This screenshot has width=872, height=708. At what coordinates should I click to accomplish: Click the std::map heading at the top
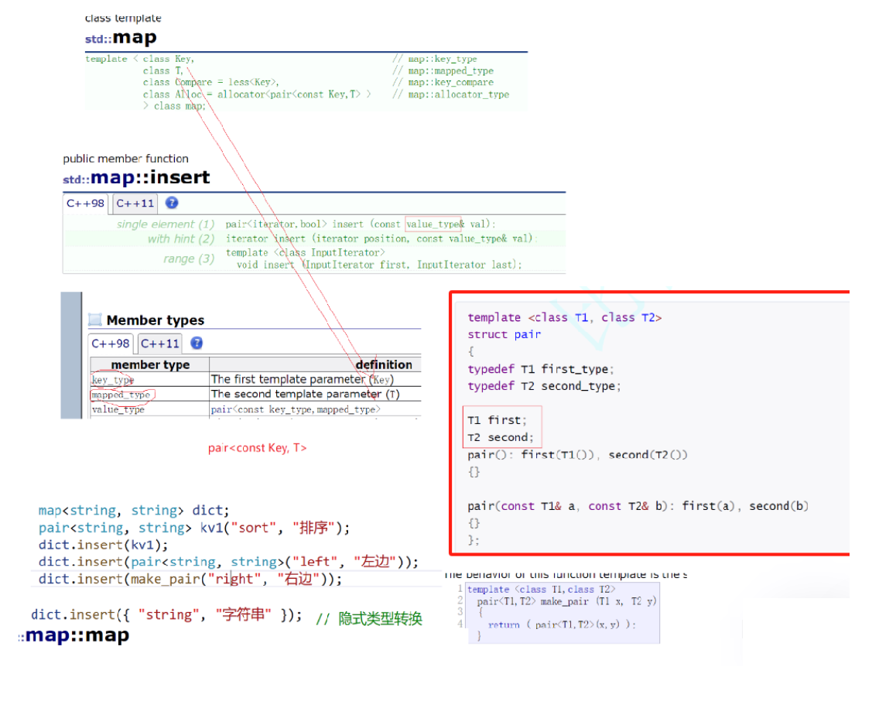coord(121,37)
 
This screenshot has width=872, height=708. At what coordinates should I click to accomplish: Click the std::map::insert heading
coord(136,177)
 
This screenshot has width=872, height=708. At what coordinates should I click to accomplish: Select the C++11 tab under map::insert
coord(135,204)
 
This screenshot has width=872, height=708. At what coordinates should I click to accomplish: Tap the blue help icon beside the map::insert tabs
coord(172,203)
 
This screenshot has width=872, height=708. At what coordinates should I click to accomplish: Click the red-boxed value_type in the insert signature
coord(433,224)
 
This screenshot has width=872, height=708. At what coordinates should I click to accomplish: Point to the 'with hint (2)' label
coord(181,239)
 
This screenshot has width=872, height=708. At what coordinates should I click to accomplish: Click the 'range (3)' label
coord(189,258)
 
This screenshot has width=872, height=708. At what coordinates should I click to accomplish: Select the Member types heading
coord(155,320)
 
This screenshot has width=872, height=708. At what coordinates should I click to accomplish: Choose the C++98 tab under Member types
coord(111,344)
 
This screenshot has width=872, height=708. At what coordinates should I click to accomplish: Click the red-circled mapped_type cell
coord(121,395)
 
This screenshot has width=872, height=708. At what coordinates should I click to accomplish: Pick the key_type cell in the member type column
coord(113,380)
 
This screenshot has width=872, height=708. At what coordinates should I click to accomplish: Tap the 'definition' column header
coord(384,364)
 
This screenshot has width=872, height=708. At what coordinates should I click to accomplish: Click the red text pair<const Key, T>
coord(257,448)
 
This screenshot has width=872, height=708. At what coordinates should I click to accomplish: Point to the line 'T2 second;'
coord(500,437)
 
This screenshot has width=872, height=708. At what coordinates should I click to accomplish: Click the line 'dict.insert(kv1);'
coord(103,545)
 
